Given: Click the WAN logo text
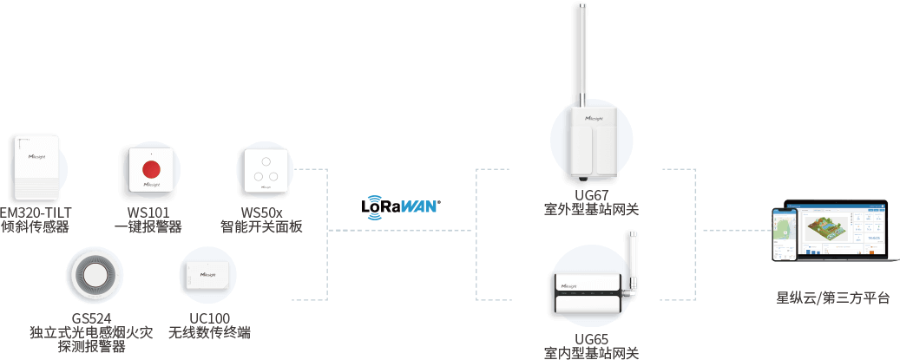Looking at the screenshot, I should coord(417,206).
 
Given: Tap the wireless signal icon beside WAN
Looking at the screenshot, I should coord(375,206).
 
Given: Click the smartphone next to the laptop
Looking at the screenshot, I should coord(785,234).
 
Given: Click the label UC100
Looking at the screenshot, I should coord(208,318).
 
